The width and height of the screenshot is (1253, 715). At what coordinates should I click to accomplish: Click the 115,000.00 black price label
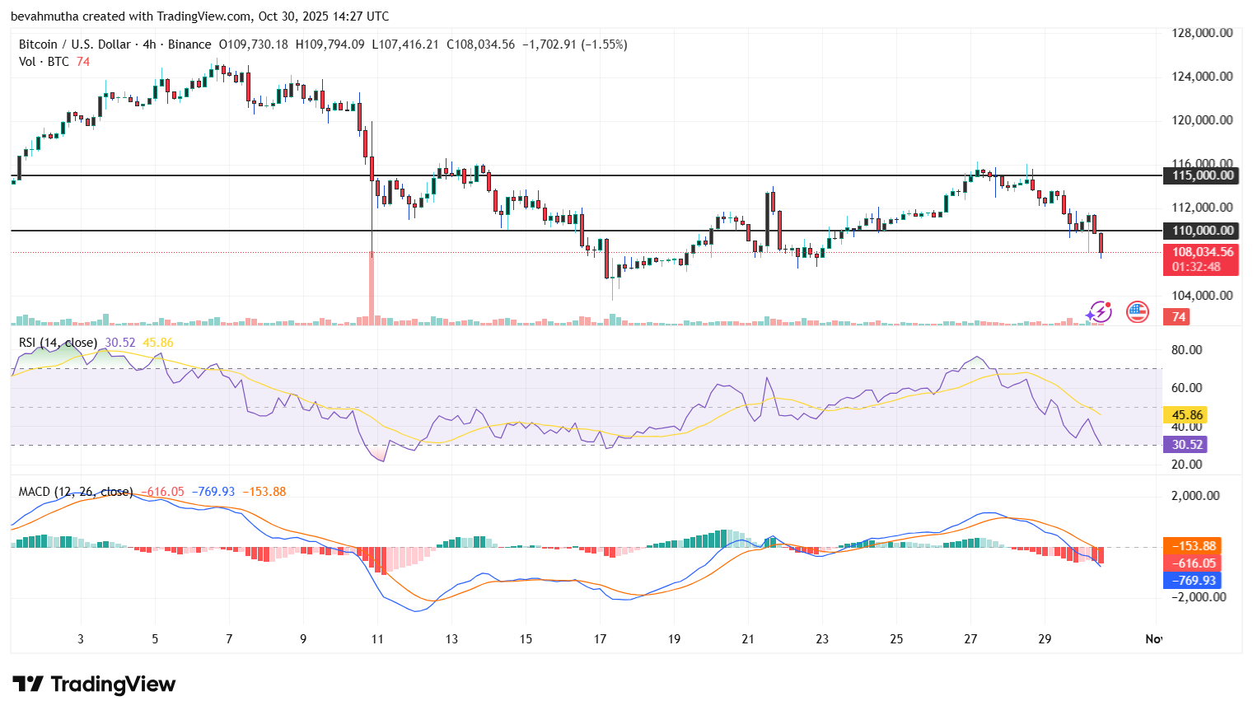tap(1202, 175)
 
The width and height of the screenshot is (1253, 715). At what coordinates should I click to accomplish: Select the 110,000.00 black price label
tap(1202, 231)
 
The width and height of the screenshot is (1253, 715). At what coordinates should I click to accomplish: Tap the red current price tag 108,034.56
tap(1202, 253)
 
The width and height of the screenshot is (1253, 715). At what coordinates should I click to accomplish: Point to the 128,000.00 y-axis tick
tap(1202, 33)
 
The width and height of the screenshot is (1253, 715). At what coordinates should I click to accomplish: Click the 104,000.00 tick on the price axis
tap(1202, 295)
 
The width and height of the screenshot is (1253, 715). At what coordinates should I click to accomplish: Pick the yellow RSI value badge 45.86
tap(1186, 415)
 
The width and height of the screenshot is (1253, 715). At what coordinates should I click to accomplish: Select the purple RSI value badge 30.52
tap(1186, 445)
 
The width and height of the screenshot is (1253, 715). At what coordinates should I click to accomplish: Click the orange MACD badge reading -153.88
tap(1192, 546)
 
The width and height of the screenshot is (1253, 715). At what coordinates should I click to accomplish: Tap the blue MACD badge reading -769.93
tap(1192, 581)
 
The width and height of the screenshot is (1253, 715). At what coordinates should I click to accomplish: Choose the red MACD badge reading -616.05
tap(1192, 563)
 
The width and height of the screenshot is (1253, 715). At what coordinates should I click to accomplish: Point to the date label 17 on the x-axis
tap(600, 639)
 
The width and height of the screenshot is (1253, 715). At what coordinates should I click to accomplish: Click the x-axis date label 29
tap(1045, 639)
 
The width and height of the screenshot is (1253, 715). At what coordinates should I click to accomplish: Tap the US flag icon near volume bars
tap(1138, 311)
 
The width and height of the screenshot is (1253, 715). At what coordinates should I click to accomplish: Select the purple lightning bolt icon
tap(1099, 312)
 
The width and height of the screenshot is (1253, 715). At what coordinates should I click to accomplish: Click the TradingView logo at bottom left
tap(94, 685)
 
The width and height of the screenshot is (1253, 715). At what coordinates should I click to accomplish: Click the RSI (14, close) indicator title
tap(58, 343)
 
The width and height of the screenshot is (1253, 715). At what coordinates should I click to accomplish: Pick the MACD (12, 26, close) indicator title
tap(76, 492)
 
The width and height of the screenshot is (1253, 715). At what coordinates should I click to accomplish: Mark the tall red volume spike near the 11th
tap(372, 288)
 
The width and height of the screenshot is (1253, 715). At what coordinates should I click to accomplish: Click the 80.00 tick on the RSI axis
tap(1186, 350)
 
